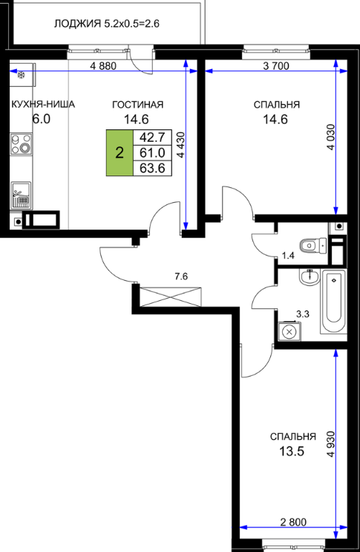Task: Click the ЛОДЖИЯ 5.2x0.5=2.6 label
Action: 107,24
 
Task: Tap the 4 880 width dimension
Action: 103,66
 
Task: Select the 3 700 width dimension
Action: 276,66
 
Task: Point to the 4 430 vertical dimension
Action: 181,145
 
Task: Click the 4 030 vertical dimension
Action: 331,137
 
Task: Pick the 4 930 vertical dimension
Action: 331,444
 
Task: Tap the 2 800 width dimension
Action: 293,522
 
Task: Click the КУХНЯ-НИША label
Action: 43,105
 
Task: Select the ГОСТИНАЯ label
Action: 138,105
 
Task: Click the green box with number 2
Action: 120,153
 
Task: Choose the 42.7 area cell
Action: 152,137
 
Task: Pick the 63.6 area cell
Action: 152,168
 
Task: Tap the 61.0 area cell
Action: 152,153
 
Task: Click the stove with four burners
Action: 21,144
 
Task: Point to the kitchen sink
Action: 21,195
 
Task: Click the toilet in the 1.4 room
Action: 313,245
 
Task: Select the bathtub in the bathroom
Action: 333,301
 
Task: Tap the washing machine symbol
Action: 289,331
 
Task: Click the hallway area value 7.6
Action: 181,276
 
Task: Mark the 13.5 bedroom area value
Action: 292,451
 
